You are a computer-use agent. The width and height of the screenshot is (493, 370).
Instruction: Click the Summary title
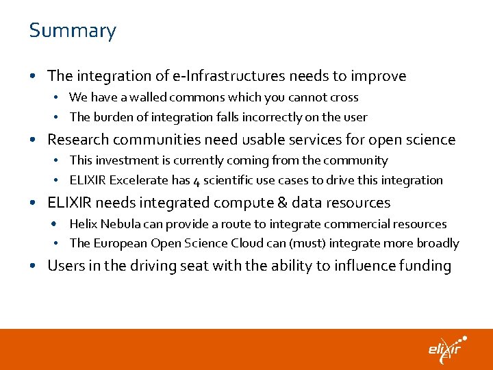tap(73, 31)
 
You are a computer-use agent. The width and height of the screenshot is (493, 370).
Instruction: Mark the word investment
tap(127, 161)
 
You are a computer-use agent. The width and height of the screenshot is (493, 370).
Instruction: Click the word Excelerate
tap(142, 180)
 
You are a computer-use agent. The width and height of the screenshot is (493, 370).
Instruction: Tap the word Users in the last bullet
tap(65, 266)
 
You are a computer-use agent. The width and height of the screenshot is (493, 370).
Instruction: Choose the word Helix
tap(84, 224)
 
